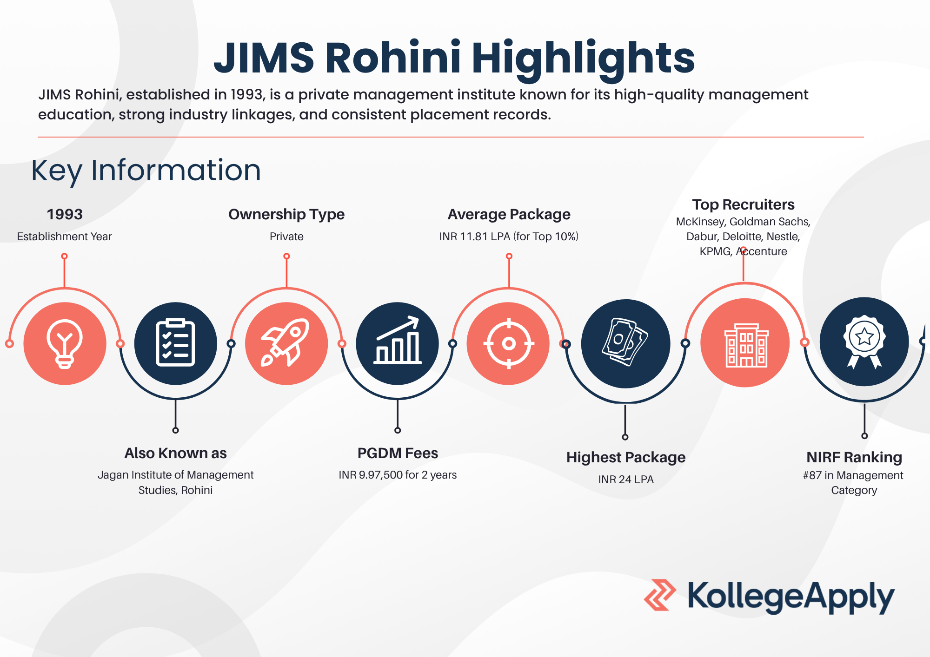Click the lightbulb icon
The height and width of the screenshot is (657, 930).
click(x=65, y=344)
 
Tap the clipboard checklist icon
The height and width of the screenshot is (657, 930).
click(x=175, y=343)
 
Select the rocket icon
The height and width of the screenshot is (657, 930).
click(x=286, y=343)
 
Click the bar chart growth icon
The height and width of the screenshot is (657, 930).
click(x=398, y=340)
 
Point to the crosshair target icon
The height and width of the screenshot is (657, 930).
click(x=509, y=344)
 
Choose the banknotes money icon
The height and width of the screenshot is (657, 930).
click(x=625, y=342)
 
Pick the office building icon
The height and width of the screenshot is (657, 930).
click(x=746, y=345)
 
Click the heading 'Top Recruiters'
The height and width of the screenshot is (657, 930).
click(x=743, y=204)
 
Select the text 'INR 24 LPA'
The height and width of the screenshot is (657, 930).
click(x=626, y=480)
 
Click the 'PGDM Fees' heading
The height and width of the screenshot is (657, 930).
click(x=398, y=453)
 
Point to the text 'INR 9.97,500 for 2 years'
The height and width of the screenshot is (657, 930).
click(x=398, y=475)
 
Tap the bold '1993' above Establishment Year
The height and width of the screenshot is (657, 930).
click(x=65, y=214)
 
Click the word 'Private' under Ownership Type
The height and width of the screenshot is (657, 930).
click(x=286, y=237)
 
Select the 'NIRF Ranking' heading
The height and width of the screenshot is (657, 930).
click(x=854, y=457)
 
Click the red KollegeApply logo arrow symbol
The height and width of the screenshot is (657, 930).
click(x=660, y=595)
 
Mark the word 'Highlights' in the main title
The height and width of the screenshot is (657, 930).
click(x=583, y=59)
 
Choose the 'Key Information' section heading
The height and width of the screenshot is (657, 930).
click(x=146, y=171)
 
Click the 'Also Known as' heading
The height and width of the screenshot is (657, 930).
click(x=175, y=453)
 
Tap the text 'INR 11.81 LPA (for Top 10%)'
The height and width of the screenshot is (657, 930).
click(x=509, y=237)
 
